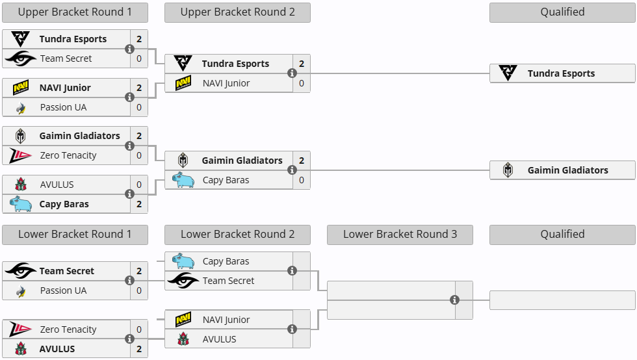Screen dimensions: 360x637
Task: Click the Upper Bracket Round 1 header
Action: tap(75, 12)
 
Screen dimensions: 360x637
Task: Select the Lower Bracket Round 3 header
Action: tap(400, 235)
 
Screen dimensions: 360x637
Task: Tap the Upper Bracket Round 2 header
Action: tap(237, 12)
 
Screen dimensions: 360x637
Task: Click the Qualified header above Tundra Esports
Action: tap(562, 12)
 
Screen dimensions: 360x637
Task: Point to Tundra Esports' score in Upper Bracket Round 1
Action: tap(139, 39)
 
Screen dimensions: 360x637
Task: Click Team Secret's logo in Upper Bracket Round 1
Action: tap(21, 58)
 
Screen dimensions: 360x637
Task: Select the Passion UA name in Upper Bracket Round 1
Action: tap(63, 107)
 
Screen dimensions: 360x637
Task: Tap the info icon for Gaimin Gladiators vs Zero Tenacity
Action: tap(130, 146)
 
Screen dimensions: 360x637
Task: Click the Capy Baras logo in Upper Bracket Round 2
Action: tap(183, 180)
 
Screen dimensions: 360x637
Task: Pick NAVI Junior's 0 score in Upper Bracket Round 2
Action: tap(302, 83)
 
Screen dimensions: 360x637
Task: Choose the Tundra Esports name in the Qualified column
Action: tap(561, 73)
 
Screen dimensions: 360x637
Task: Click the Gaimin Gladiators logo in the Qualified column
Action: tap(508, 170)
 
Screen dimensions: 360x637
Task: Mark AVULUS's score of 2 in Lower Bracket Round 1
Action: tap(139, 349)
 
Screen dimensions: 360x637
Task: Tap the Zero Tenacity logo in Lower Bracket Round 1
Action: tap(21, 329)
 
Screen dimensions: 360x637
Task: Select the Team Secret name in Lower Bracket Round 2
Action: tap(228, 281)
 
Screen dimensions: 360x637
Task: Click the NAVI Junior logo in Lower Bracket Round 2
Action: tap(183, 320)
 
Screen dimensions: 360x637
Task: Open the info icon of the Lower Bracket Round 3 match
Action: tap(455, 300)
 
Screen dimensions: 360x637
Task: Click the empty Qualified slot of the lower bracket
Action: tap(562, 300)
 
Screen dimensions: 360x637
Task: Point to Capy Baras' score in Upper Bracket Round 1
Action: tap(139, 204)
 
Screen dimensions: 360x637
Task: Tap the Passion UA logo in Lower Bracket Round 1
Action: tap(21, 290)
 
